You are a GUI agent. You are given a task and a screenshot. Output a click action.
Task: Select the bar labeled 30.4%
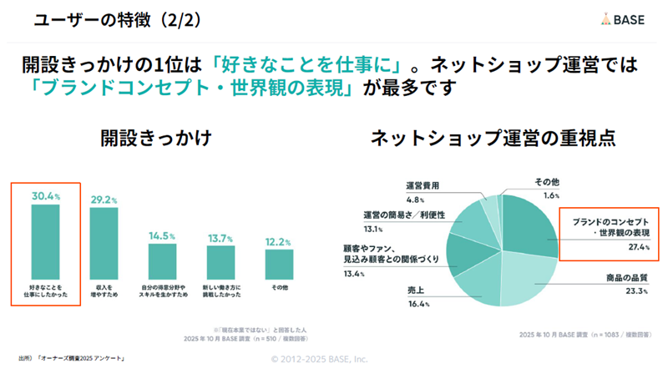point(45,241)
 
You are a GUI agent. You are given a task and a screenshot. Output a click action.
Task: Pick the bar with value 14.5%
point(163,262)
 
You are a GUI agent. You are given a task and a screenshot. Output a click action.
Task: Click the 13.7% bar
point(220,263)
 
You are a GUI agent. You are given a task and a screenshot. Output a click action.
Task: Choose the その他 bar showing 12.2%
point(278,265)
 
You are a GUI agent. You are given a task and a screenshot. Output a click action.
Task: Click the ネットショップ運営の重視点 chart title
point(493,138)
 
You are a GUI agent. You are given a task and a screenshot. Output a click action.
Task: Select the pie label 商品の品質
point(626,277)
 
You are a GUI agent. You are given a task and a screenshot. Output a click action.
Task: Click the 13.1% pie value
point(373,229)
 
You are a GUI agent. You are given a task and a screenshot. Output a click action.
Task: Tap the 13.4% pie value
point(355,273)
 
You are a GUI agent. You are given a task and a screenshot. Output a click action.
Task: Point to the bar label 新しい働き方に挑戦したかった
point(220,291)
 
